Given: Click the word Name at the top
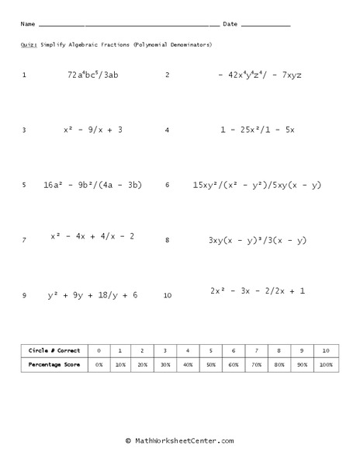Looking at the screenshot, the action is coord(27,24).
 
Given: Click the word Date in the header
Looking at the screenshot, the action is coord(230,24).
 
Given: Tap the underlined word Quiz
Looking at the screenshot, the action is coord(27,45).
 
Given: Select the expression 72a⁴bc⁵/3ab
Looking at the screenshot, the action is coord(93,75).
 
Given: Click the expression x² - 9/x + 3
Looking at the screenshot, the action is coord(93,130).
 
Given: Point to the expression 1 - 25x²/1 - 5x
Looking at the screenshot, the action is coord(257,130).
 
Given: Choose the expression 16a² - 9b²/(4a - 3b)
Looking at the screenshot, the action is coord(92,185).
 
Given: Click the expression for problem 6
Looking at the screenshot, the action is coord(257,185).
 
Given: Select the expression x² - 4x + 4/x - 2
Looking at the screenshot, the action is coord(92,235).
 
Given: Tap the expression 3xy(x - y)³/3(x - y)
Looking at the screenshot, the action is coord(258,241).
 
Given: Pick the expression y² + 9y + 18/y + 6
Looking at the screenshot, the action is coord(92,295).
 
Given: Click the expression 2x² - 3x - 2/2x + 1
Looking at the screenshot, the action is coord(258,290).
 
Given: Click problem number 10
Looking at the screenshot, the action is coord(168,296).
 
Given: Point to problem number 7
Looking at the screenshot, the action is coord(24,241).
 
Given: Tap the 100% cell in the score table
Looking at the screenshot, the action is coord(326,363).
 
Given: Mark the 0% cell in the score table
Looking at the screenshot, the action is coord(99,363).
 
